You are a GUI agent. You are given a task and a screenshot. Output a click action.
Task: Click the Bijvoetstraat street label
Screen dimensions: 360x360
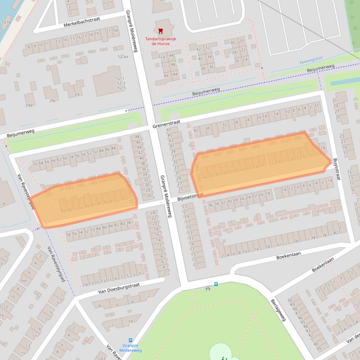pyautogui.click(x=190, y=198)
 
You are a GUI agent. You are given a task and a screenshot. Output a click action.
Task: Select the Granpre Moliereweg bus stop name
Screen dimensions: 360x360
pyautogui.click(x=131, y=347)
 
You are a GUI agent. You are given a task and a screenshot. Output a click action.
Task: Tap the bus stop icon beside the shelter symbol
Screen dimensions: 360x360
pyautogui.click(x=216, y=284)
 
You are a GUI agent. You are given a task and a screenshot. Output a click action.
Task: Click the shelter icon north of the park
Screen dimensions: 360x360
pyautogui.click(x=207, y=288)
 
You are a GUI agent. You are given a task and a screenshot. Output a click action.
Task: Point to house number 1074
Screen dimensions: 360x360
pyautogui.click(x=6, y=22)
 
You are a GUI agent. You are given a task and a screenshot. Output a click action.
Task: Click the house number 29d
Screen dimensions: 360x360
pyautogui.click(x=29, y=105)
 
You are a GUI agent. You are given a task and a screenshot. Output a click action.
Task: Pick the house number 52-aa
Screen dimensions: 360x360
pyautogui.click(x=123, y=56)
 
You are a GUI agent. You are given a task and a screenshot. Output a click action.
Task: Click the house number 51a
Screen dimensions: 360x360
pyautogui.click(x=162, y=57)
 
